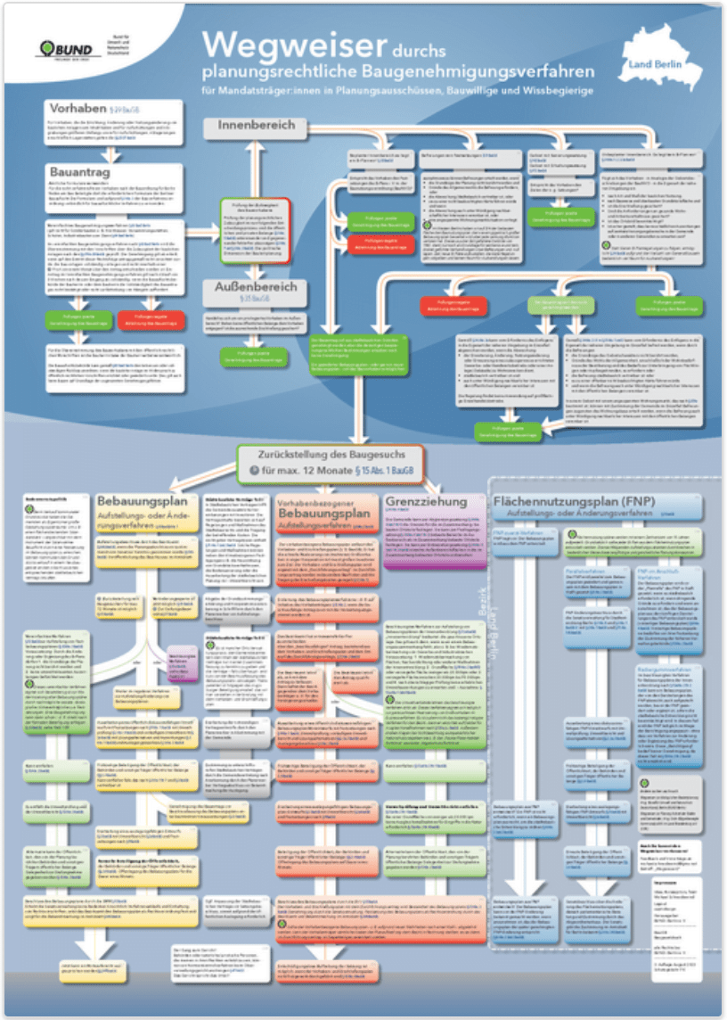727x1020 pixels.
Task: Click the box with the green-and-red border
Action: [x=255, y=239]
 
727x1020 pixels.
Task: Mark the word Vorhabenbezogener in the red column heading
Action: [x=317, y=504]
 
